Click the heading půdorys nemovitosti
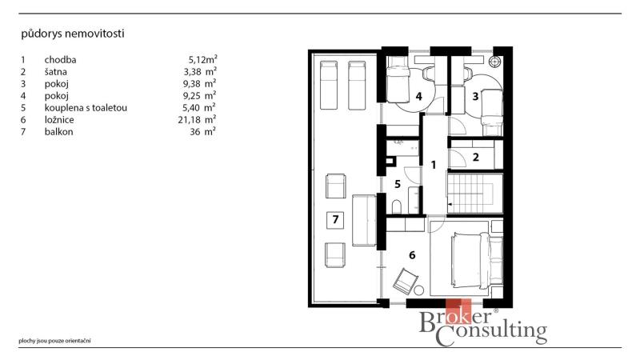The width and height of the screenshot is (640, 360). click(73, 34)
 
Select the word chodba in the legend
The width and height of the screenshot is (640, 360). click(61, 59)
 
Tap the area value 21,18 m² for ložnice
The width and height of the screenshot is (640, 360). click(197, 119)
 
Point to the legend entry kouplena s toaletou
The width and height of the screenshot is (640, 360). click(86, 108)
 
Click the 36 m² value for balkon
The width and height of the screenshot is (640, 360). click(202, 131)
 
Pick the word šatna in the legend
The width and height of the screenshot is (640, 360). click(55, 72)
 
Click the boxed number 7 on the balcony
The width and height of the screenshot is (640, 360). click(335, 219)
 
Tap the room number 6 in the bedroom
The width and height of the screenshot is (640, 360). click(412, 255)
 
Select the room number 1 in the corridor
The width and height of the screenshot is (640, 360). click(434, 165)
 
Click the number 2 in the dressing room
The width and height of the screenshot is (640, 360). click(475, 157)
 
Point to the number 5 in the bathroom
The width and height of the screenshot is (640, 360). click(398, 184)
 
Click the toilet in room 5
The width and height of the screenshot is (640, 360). click(397, 206)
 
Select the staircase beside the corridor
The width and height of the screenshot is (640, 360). click(475, 193)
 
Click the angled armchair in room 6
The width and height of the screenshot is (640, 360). click(405, 281)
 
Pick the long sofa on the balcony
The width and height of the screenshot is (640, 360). click(364, 220)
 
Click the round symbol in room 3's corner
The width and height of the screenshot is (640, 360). click(495, 62)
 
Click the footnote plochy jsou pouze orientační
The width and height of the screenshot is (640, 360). click(54, 341)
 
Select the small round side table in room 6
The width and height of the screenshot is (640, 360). click(418, 290)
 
